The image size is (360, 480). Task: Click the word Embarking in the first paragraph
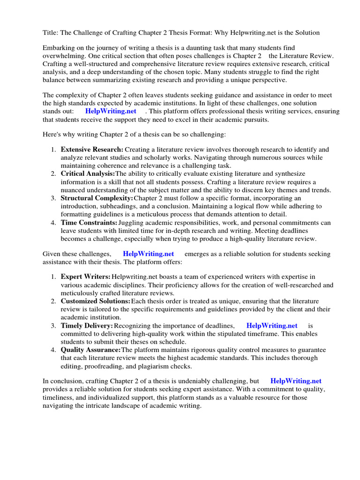pos(59,48)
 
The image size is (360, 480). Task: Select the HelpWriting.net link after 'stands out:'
pos(111,111)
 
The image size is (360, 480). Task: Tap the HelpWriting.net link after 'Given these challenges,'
pos(148,254)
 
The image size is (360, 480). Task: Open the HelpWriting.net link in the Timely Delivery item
pos(272,325)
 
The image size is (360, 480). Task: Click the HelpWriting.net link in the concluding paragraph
pos(296,381)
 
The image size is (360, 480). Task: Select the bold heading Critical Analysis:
pos(88,174)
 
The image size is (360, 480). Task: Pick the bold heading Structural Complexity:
pos(97,198)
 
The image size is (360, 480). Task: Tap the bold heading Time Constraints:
pos(89,223)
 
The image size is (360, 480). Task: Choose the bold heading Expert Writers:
pos(86,277)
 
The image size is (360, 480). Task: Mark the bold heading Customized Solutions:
pos(96,301)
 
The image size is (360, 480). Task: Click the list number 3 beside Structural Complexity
pos(54,198)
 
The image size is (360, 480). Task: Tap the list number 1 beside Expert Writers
pos(54,277)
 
